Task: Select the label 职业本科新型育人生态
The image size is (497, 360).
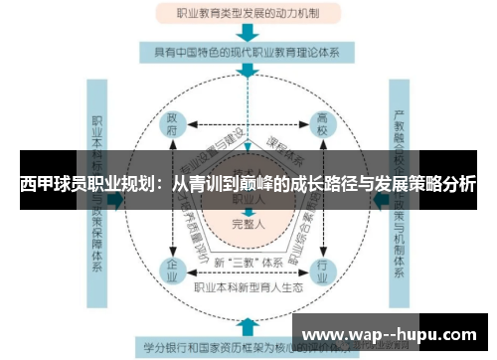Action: pyautogui.click(x=248, y=288)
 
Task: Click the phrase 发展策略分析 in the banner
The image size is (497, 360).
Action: pyautogui.click(x=423, y=184)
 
